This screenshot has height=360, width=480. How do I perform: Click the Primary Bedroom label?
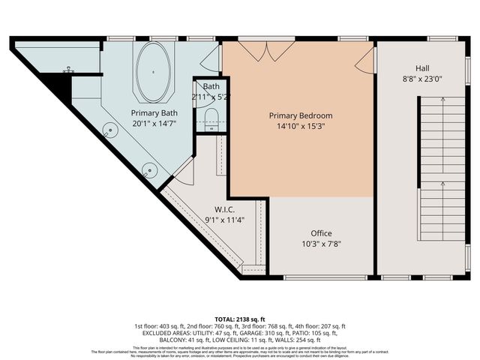click(x=301, y=115)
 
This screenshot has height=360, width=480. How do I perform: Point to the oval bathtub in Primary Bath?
click(x=153, y=72)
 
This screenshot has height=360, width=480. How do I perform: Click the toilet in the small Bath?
click(x=211, y=118)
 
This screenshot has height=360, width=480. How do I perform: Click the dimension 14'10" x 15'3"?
click(x=301, y=127)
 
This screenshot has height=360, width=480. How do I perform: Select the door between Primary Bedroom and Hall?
click(x=364, y=63)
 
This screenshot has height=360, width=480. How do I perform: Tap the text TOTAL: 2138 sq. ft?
click(x=240, y=318)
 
